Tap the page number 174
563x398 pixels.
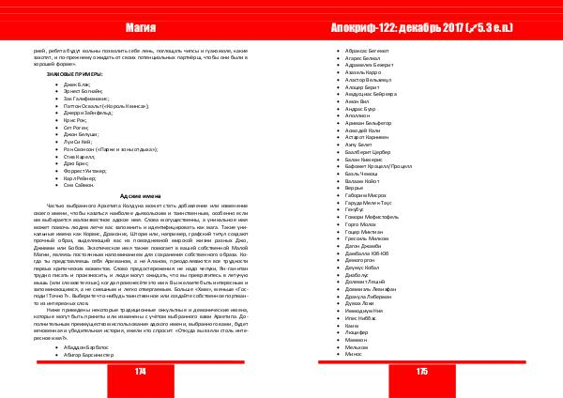(x=141, y=372)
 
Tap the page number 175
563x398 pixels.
(x=421, y=372)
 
